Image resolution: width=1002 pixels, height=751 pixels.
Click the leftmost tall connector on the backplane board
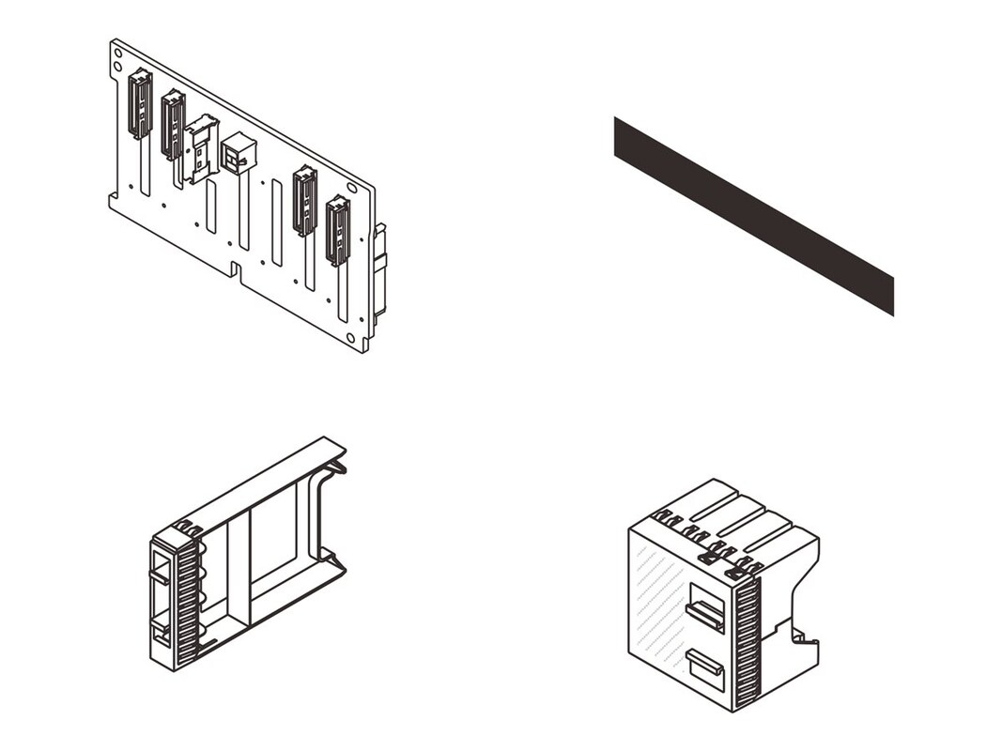point(140,104)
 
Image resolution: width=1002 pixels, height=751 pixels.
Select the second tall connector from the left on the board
point(173,125)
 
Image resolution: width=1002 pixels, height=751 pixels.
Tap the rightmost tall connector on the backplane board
point(337,231)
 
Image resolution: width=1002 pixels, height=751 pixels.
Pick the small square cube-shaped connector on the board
point(238,153)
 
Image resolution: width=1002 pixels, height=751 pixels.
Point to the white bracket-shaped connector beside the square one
point(201,147)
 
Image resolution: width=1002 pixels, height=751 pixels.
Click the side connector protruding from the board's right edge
point(379,272)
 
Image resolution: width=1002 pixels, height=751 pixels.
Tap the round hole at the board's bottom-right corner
point(349,339)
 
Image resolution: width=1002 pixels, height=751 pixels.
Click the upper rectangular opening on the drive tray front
point(160,567)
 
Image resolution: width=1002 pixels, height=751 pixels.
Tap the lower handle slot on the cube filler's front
point(704,667)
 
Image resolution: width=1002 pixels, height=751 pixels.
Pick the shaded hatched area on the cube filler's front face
point(657,601)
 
